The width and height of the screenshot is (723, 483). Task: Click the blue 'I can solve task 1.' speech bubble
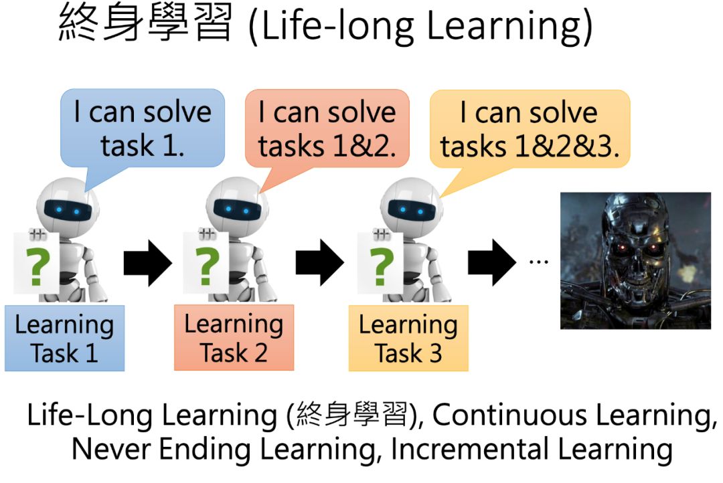[x=143, y=128]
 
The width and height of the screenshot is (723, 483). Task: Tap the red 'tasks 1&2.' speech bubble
[x=327, y=128]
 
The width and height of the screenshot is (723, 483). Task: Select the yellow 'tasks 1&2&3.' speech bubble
[x=530, y=129]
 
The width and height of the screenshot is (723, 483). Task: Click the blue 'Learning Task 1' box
[x=64, y=338]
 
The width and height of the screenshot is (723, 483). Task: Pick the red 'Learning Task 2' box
[x=234, y=337]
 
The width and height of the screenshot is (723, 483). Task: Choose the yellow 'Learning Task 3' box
[x=408, y=338]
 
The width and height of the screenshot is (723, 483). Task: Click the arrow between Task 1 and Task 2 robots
[x=147, y=263]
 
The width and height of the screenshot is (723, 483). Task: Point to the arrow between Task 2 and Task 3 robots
[x=319, y=263]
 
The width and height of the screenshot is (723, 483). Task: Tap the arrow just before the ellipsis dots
[x=492, y=263]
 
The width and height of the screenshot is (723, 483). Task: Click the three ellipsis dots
[x=538, y=262]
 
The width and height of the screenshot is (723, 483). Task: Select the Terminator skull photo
[x=635, y=261]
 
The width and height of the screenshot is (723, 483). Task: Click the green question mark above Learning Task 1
[x=37, y=267]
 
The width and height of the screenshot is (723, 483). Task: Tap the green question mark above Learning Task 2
[x=207, y=267]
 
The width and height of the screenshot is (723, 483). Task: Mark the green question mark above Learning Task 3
[x=381, y=267]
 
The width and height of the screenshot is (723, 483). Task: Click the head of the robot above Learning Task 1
[x=68, y=205]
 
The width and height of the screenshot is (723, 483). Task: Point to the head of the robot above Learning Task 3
[x=411, y=205]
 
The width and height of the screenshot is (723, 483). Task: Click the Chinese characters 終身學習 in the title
[x=145, y=23]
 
